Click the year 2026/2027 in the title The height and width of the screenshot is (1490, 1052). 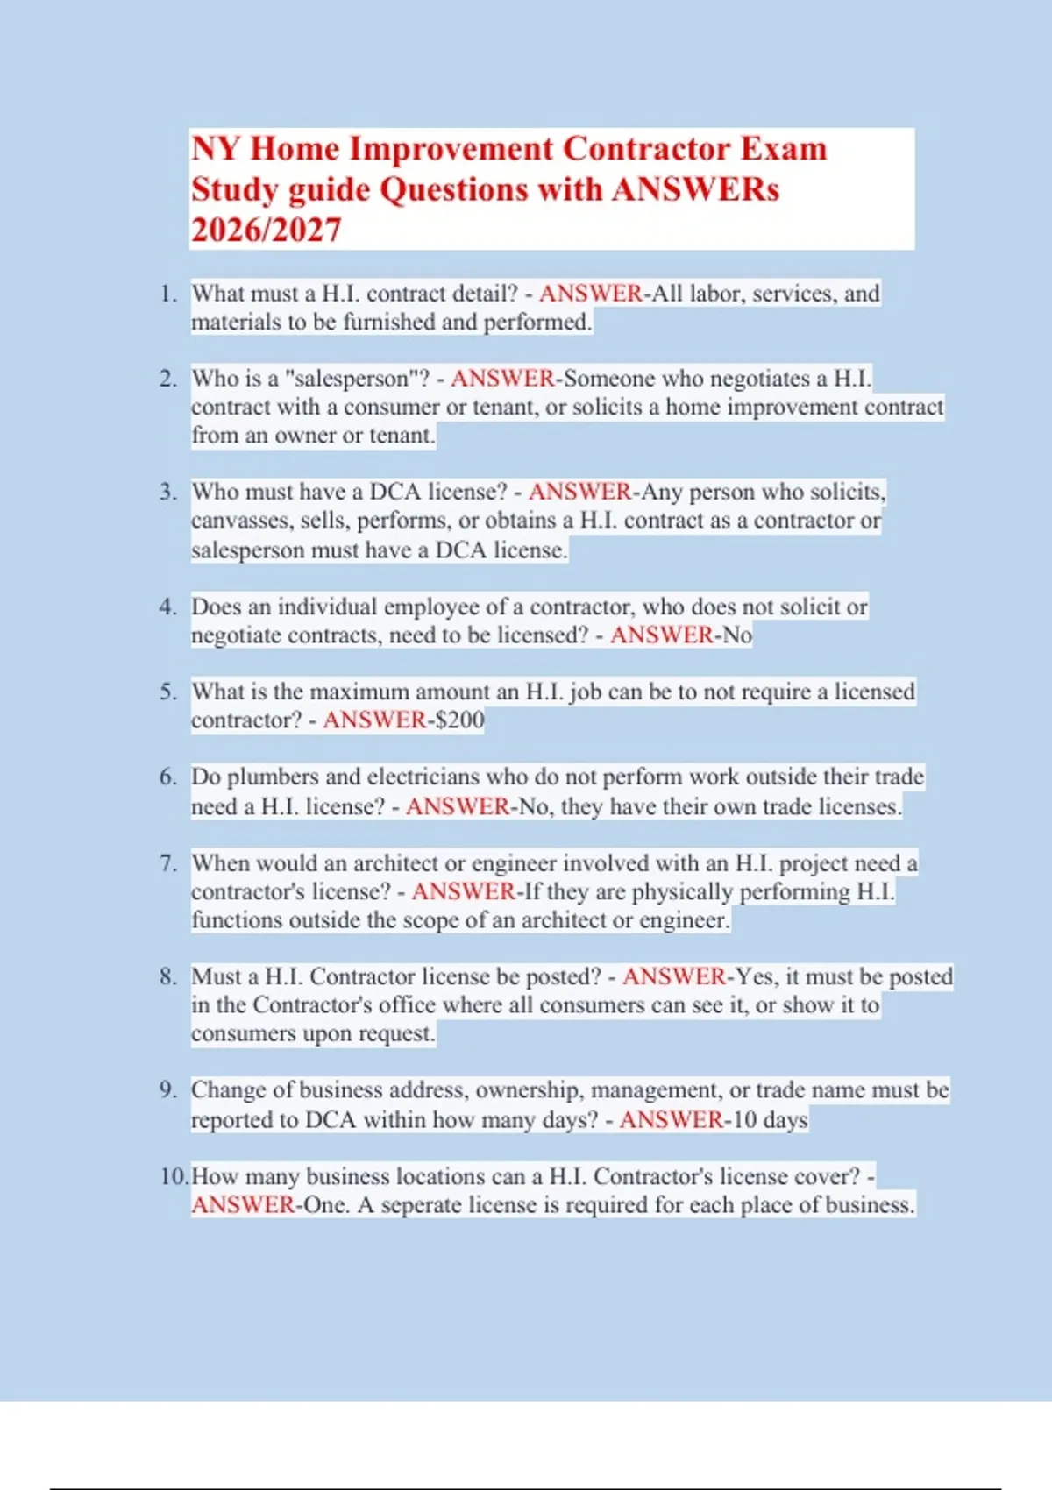click(266, 231)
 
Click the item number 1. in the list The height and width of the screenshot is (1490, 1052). click(168, 294)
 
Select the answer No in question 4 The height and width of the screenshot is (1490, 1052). click(737, 635)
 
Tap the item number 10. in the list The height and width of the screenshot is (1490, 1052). click(174, 1176)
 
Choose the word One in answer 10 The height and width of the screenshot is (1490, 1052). click(325, 1205)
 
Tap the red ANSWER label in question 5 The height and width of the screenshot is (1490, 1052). click(374, 720)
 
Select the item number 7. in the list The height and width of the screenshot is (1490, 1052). click(168, 863)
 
